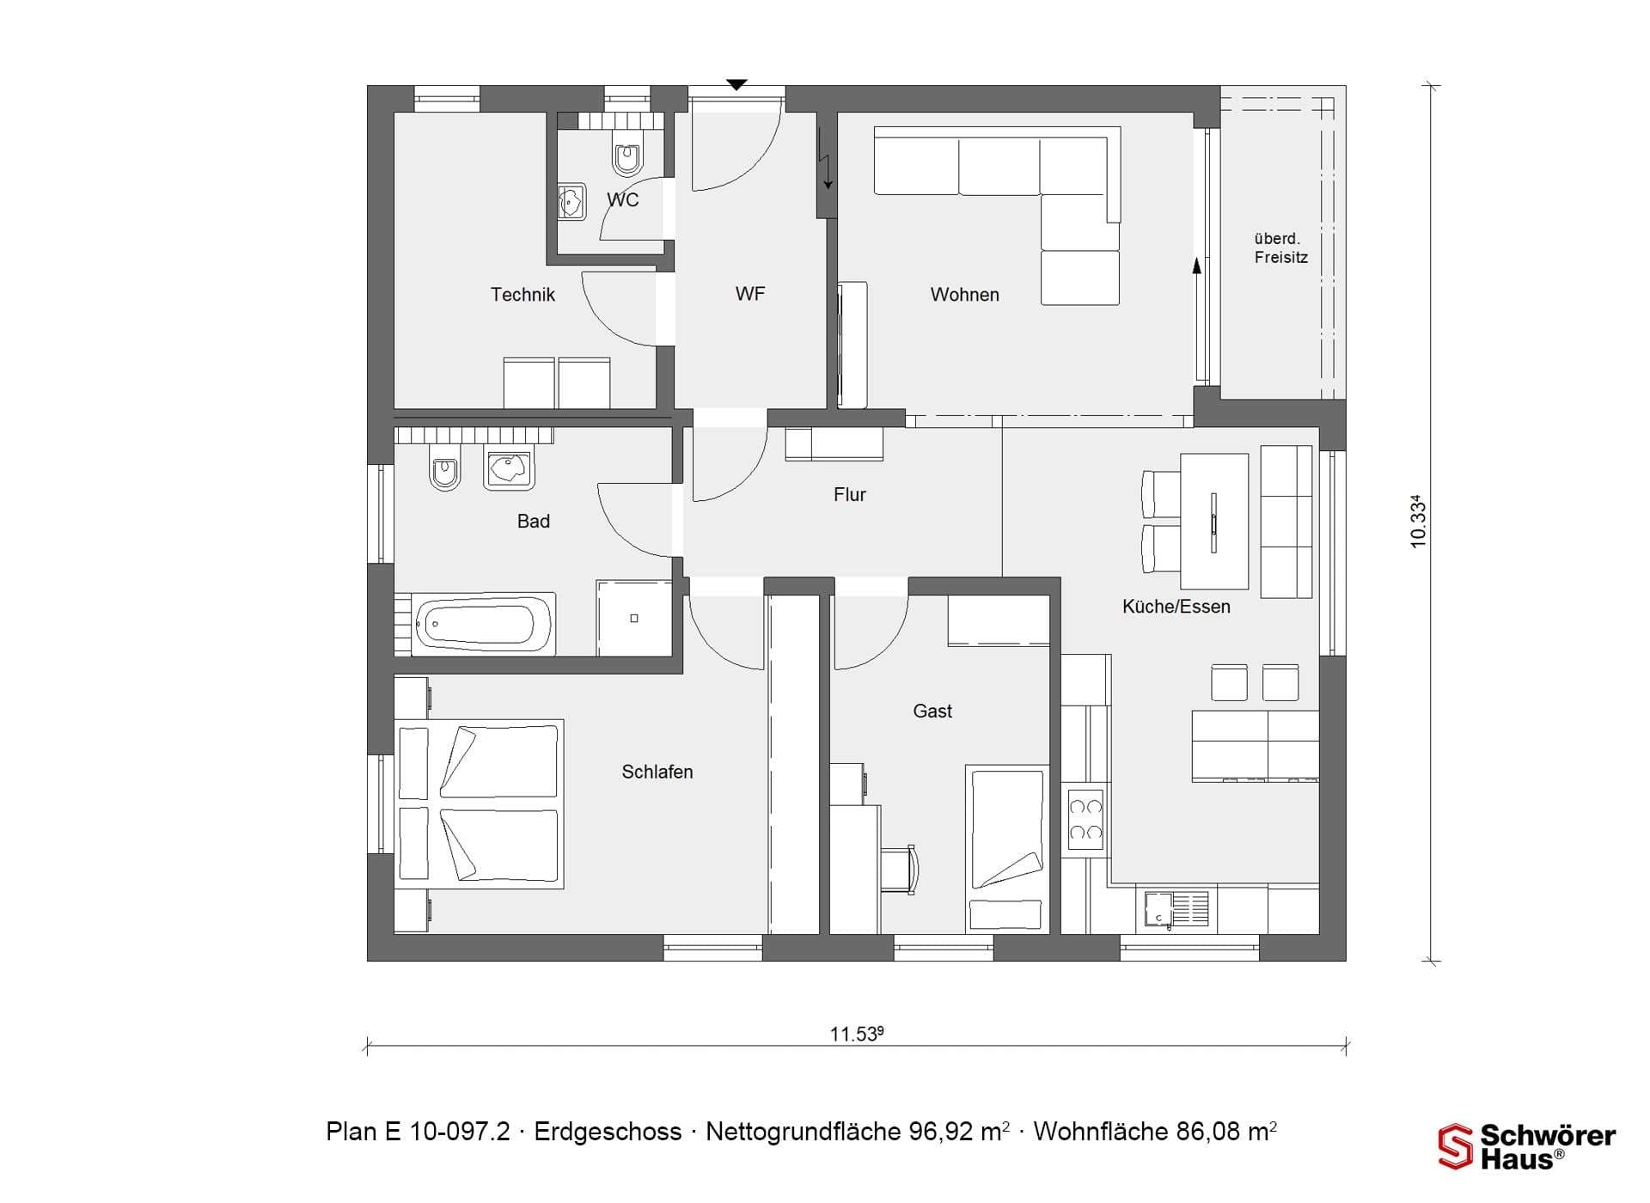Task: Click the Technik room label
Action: tap(522, 295)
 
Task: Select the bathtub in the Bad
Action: tap(484, 624)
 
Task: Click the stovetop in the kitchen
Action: tap(1085, 819)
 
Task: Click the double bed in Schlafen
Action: tap(479, 803)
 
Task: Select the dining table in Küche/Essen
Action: tap(1213, 522)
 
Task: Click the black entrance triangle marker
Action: tap(736, 84)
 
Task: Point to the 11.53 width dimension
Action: tap(856, 1034)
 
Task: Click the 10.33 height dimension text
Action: tap(1418, 521)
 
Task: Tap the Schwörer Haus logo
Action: tap(1526, 1146)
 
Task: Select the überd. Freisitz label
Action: tap(1280, 247)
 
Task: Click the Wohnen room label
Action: tap(964, 295)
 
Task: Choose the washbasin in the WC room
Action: tap(571, 203)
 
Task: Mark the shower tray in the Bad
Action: tap(634, 619)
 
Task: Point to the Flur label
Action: tap(849, 495)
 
